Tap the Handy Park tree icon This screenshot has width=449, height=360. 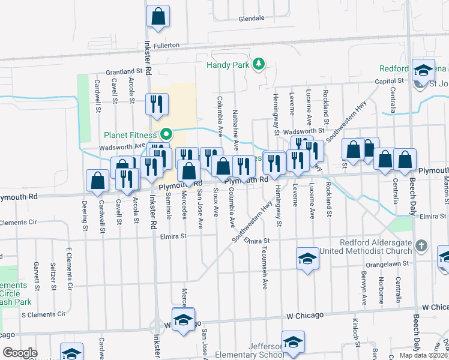point(258,64)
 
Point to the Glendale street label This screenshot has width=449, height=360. point(251,18)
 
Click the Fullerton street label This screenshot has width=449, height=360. point(166,45)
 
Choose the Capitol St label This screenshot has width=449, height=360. point(389,80)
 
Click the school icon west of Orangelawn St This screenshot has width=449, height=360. point(307,259)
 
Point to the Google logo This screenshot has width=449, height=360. point(20,353)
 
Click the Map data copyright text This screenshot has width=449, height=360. point(423,355)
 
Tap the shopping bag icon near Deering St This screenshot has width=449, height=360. point(97,181)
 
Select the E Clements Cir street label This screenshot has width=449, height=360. point(68,266)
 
